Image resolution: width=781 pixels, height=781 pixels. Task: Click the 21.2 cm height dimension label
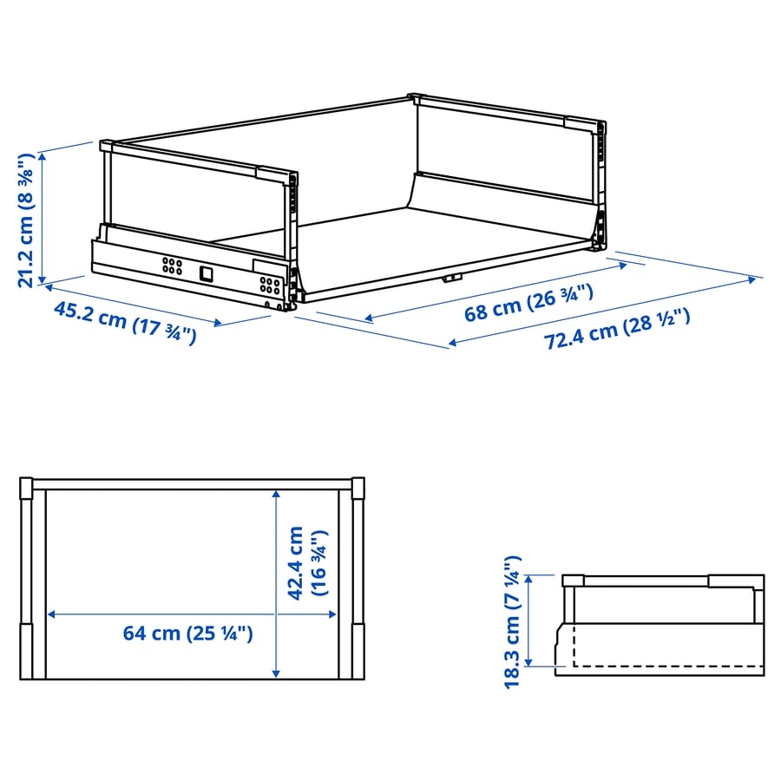click(x=25, y=220)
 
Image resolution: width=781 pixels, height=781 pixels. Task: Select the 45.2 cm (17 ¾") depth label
click(x=125, y=323)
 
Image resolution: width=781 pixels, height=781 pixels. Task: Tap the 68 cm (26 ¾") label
click(x=529, y=302)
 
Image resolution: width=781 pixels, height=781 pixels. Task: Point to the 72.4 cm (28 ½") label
click(x=617, y=328)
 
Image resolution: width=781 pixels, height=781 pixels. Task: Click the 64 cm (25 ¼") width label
click(x=187, y=633)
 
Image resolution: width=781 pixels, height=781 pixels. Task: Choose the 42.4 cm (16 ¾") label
click(x=307, y=563)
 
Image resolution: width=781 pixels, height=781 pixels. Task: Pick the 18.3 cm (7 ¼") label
click(x=513, y=622)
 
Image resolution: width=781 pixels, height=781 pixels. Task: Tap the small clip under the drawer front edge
click(x=452, y=278)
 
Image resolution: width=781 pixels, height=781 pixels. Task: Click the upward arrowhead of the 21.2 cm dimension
click(x=43, y=156)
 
